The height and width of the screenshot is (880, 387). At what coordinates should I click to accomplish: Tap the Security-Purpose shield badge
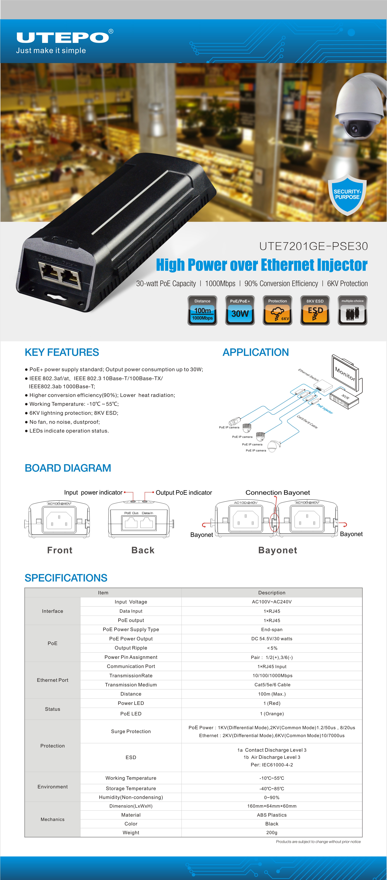point(347,195)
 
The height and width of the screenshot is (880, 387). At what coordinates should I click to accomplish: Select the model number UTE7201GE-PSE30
point(313,246)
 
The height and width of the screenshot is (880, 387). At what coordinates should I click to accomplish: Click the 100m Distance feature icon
point(202,310)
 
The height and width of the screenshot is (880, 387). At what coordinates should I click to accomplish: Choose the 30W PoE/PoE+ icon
point(240,310)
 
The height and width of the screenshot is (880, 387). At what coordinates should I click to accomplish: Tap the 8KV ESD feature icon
point(315,310)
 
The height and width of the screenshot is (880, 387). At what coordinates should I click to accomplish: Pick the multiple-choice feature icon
point(352,310)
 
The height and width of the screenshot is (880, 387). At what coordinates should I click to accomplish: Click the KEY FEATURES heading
point(62,352)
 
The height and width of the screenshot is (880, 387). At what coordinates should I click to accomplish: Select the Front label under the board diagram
point(60,550)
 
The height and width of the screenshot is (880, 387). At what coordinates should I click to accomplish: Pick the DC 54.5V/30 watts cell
point(272,639)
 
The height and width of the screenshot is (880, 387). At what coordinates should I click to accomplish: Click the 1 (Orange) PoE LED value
point(272,714)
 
